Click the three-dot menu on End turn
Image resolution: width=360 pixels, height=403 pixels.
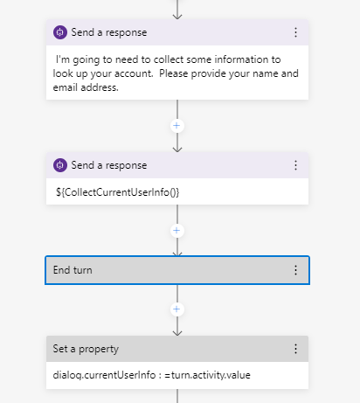(x=295, y=271)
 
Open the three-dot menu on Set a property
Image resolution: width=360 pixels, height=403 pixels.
(x=295, y=349)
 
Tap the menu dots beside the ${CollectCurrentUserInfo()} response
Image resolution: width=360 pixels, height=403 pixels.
(x=295, y=165)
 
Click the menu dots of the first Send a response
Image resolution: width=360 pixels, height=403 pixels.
(x=295, y=32)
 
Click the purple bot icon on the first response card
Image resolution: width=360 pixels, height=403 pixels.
(x=60, y=32)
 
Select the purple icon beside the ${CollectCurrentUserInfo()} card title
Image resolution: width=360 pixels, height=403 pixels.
(x=60, y=165)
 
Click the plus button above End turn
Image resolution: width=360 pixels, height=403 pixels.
(x=177, y=231)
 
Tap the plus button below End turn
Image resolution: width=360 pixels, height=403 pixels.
(x=177, y=309)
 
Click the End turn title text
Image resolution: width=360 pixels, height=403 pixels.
(x=73, y=271)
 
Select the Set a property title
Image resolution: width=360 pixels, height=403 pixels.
(x=85, y=349)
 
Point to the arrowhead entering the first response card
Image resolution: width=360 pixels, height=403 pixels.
(x=177, y=15)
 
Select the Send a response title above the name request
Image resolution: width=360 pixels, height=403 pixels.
(x=110, y=32)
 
